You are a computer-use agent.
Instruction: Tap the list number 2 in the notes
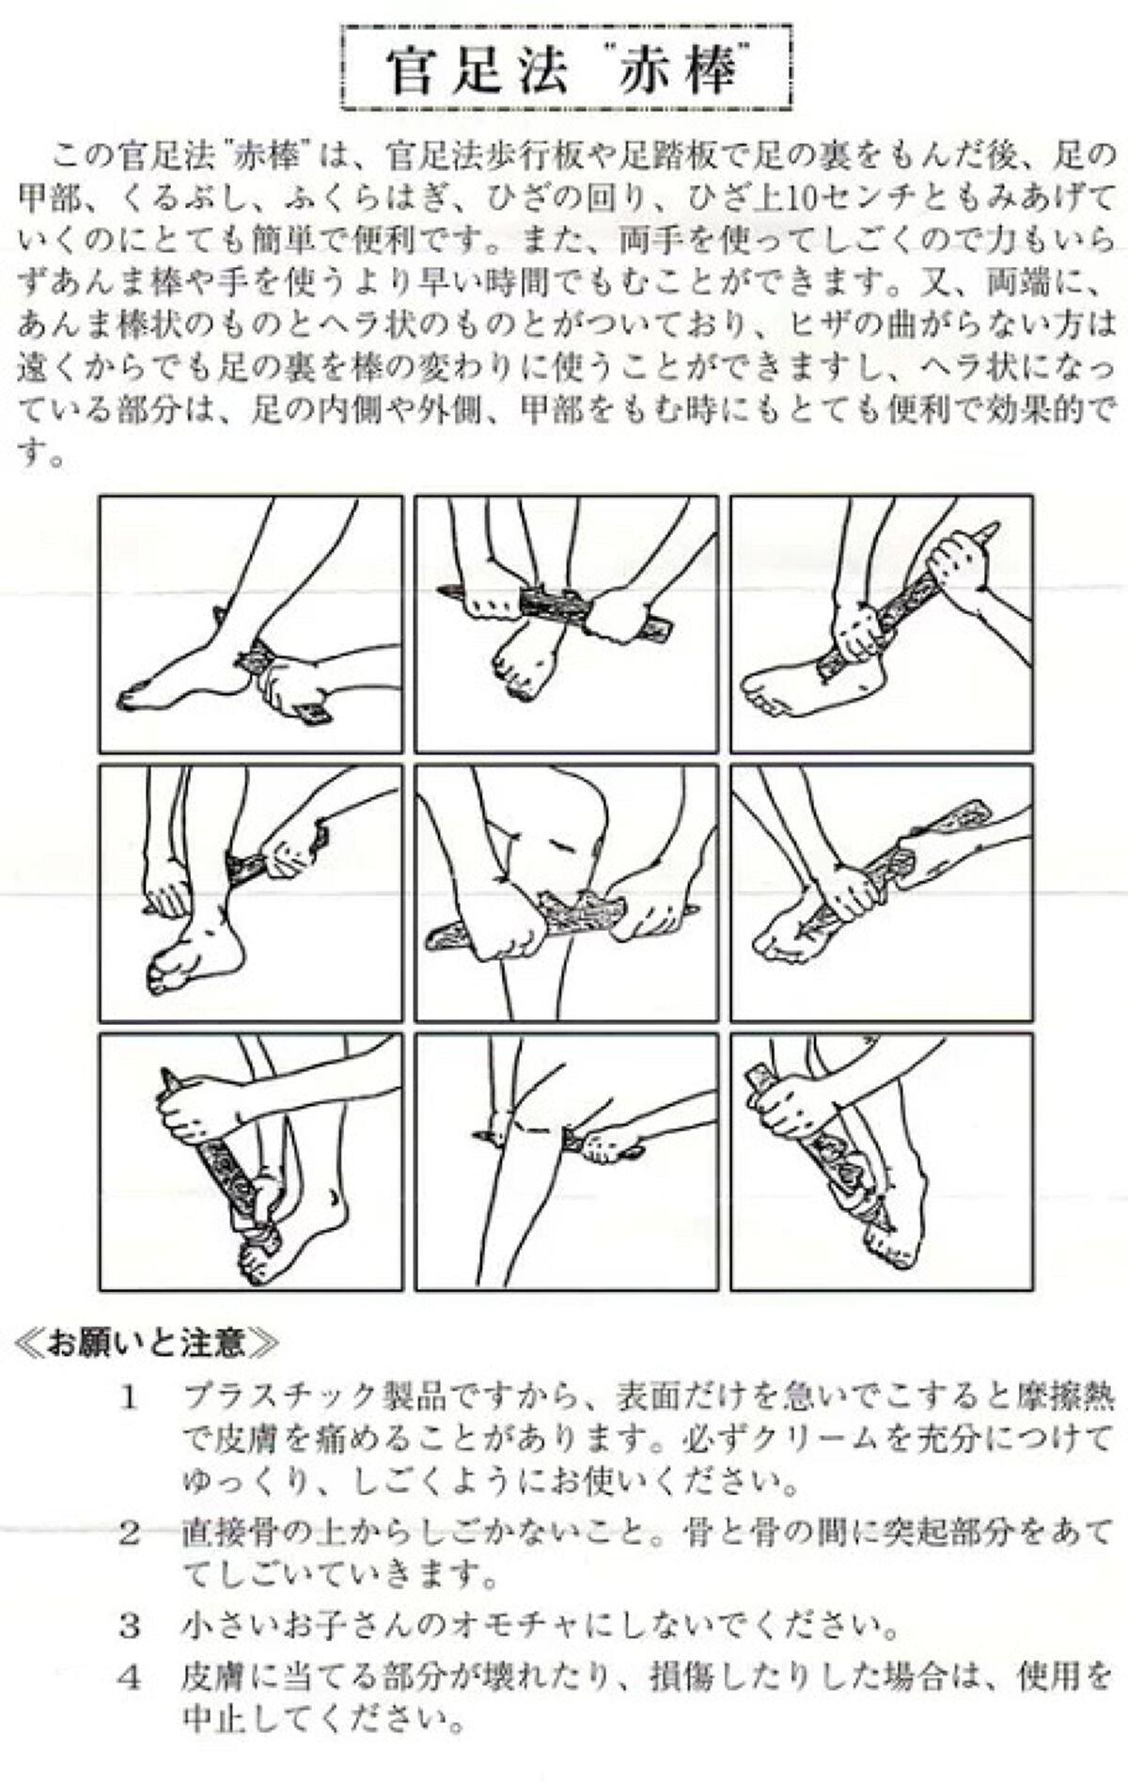[130, 1535]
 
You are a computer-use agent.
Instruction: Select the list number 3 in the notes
[130, 1625]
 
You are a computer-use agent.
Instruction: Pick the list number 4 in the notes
[130, 1677]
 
